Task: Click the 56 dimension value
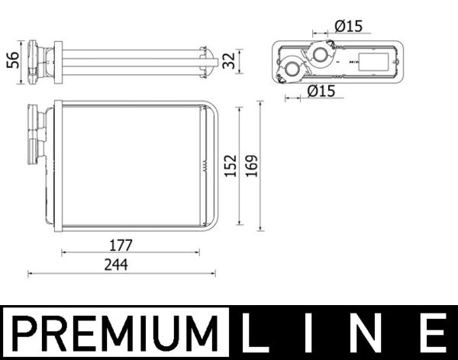tap(11, 59)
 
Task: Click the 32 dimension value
tap(227, 60)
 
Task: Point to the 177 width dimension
tap(120, 246)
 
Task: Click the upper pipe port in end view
tap(320, 54)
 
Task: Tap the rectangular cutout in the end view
tap(374, 62)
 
